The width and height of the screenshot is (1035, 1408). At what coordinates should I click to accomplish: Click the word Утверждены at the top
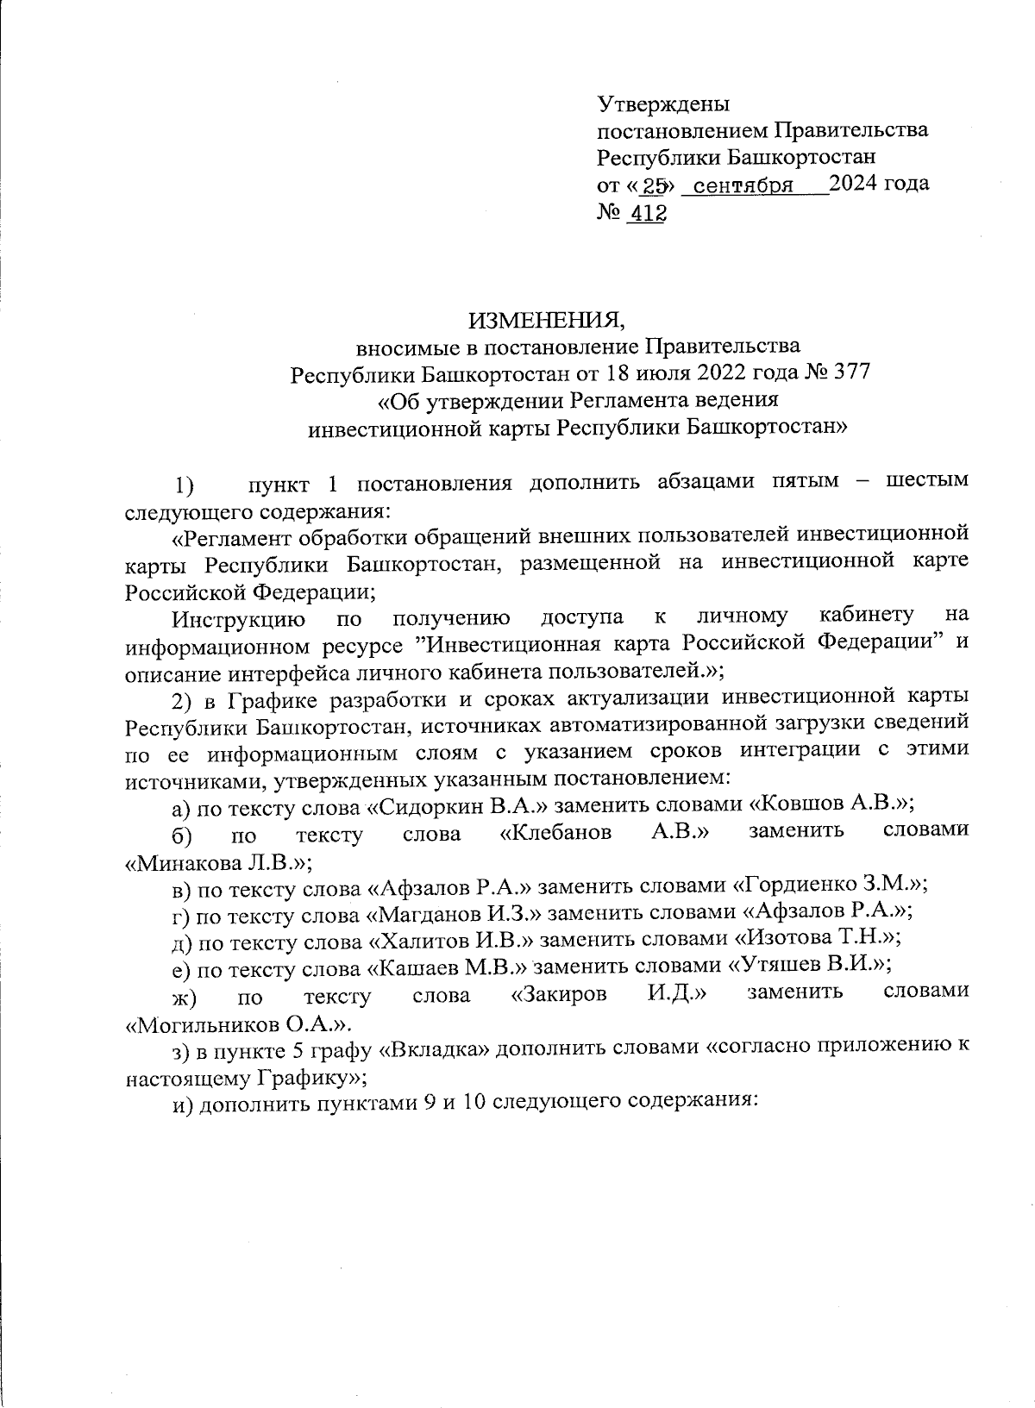(663, 104)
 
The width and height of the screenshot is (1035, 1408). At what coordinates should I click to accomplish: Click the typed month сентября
(743, 185)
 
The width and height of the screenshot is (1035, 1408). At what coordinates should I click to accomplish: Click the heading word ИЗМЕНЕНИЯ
(546, 321)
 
